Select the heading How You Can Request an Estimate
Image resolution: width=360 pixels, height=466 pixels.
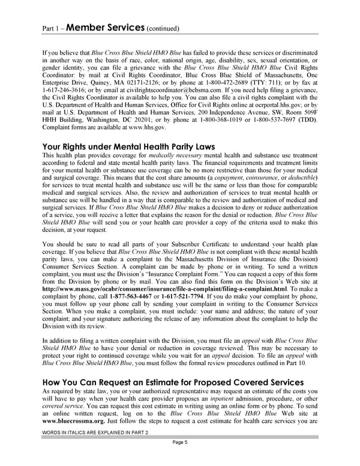173,382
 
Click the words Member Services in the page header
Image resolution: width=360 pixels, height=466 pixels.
103,26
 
